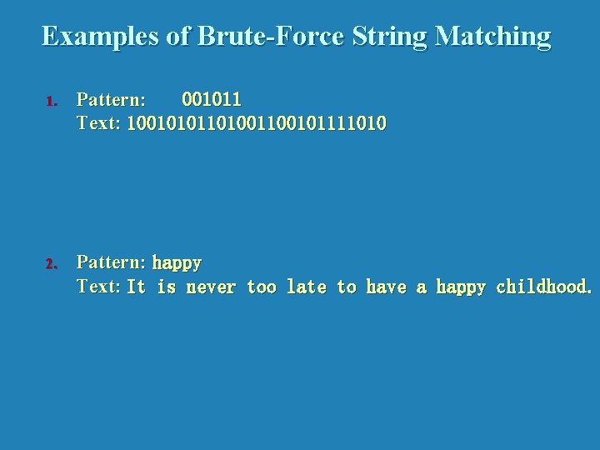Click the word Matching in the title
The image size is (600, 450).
pos(493,36)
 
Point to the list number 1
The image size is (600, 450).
pos(51,102)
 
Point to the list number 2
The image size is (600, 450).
pos(51,264)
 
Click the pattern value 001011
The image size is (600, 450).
pos(212,100)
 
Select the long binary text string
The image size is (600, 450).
pos(257,124)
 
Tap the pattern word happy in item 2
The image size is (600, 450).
pos(177,263)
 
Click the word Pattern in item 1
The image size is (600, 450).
pos(111,100)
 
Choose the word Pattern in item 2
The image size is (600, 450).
pos(111,262)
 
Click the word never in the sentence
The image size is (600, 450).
pos(211,287)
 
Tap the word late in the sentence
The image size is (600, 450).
pos(306,287)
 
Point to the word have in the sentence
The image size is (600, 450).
pos(386,287)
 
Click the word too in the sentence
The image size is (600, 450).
pos(262,287)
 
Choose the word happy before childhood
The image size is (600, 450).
pos(461,288)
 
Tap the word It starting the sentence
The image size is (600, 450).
pos(136,287)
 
